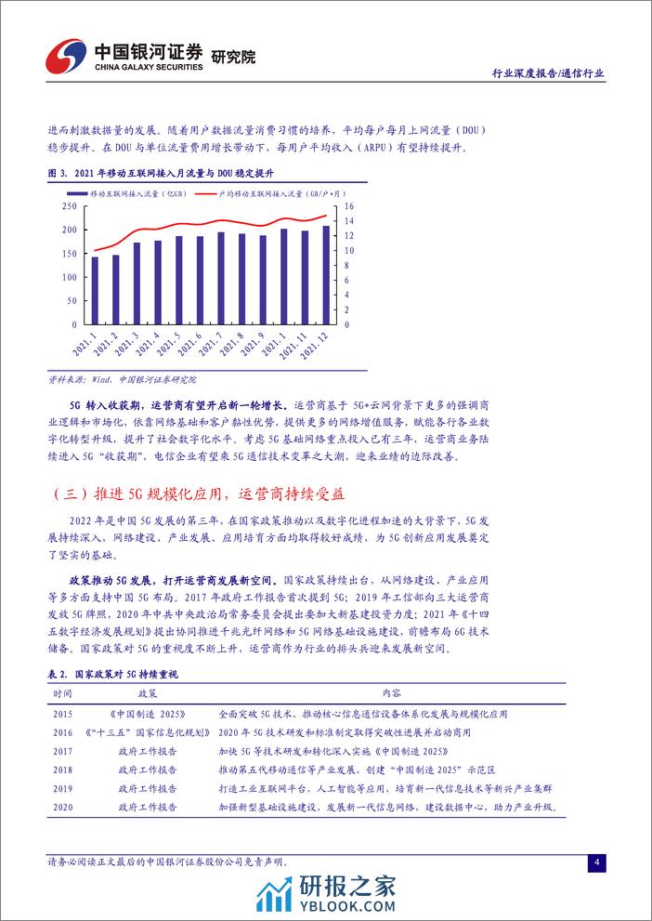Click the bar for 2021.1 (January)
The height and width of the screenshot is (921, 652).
tap(95, 290)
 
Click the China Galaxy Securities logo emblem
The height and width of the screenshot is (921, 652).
tap(66, 57)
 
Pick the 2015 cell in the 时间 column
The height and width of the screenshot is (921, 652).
tap(63, 714)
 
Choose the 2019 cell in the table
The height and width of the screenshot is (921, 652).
tap(63, 788)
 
